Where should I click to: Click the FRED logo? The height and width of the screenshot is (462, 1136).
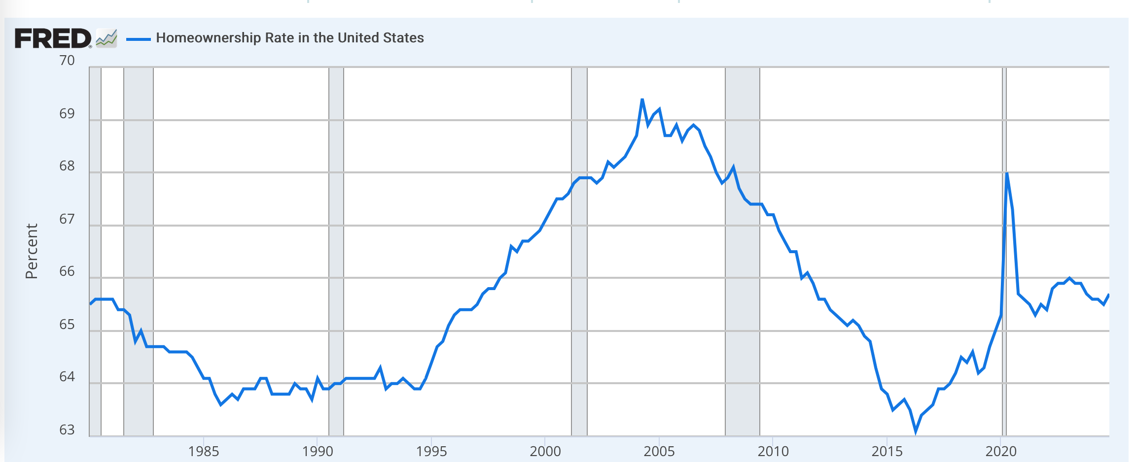[x=53, y=38]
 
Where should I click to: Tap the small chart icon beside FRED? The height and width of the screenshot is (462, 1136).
[x=106, y=38]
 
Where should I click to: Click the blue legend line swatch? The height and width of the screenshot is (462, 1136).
[x=138, y=39]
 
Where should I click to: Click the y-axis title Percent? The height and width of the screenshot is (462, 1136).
[x=32, y=251]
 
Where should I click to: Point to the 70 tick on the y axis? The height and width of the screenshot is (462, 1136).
[x=67, y=61]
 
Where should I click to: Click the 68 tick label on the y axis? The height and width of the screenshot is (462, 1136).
[x=67, y=166]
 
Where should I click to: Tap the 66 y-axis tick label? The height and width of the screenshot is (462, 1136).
[x=67, y=271]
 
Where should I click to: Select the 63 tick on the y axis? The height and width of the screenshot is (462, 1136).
[x=67, y=430]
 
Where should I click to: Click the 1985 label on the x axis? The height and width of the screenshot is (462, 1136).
[x=203, y=451]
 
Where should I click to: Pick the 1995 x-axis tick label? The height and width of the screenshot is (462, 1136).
[x=431, y=451]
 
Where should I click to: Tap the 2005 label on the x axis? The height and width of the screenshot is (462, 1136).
[x=659, y=451]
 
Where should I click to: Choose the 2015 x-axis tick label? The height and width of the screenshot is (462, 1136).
[x=887, y=451]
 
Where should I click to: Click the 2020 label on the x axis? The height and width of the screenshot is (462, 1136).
[x=1001, y=451]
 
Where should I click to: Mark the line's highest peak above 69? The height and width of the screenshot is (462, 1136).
[x=642, y=99]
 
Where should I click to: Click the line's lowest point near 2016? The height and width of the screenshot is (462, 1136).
[x=916, y=432]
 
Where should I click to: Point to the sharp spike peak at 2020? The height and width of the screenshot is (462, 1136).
[x=1006, y=173]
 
